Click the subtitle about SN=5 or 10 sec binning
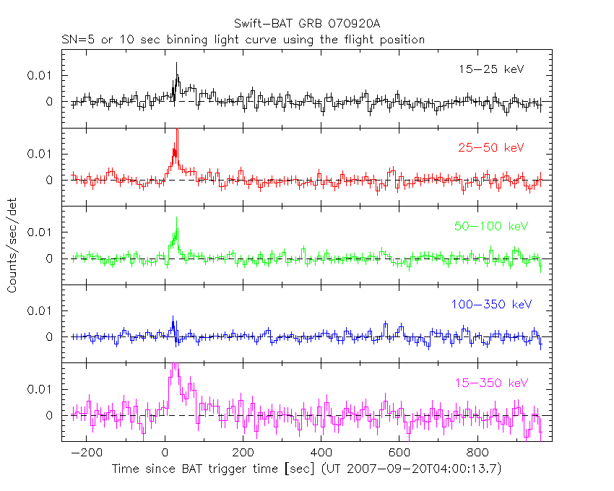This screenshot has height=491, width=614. point(243,40)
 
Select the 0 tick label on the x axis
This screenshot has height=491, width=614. point(165,453)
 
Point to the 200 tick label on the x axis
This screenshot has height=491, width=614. point(243,453)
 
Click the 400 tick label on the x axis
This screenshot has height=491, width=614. point(321,453)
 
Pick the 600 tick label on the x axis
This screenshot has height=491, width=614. point(399,453)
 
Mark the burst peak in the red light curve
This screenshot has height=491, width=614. point(177,131)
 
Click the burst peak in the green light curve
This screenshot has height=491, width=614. point(176,218)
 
